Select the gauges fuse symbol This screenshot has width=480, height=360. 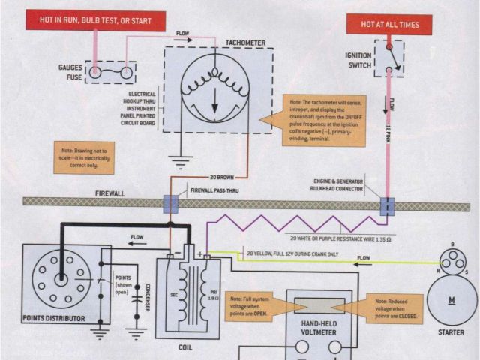[109, 73]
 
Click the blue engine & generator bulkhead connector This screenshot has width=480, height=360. [387, 205]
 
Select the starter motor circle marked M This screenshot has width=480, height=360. [451, 299]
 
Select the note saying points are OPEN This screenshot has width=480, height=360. [255, 304]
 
